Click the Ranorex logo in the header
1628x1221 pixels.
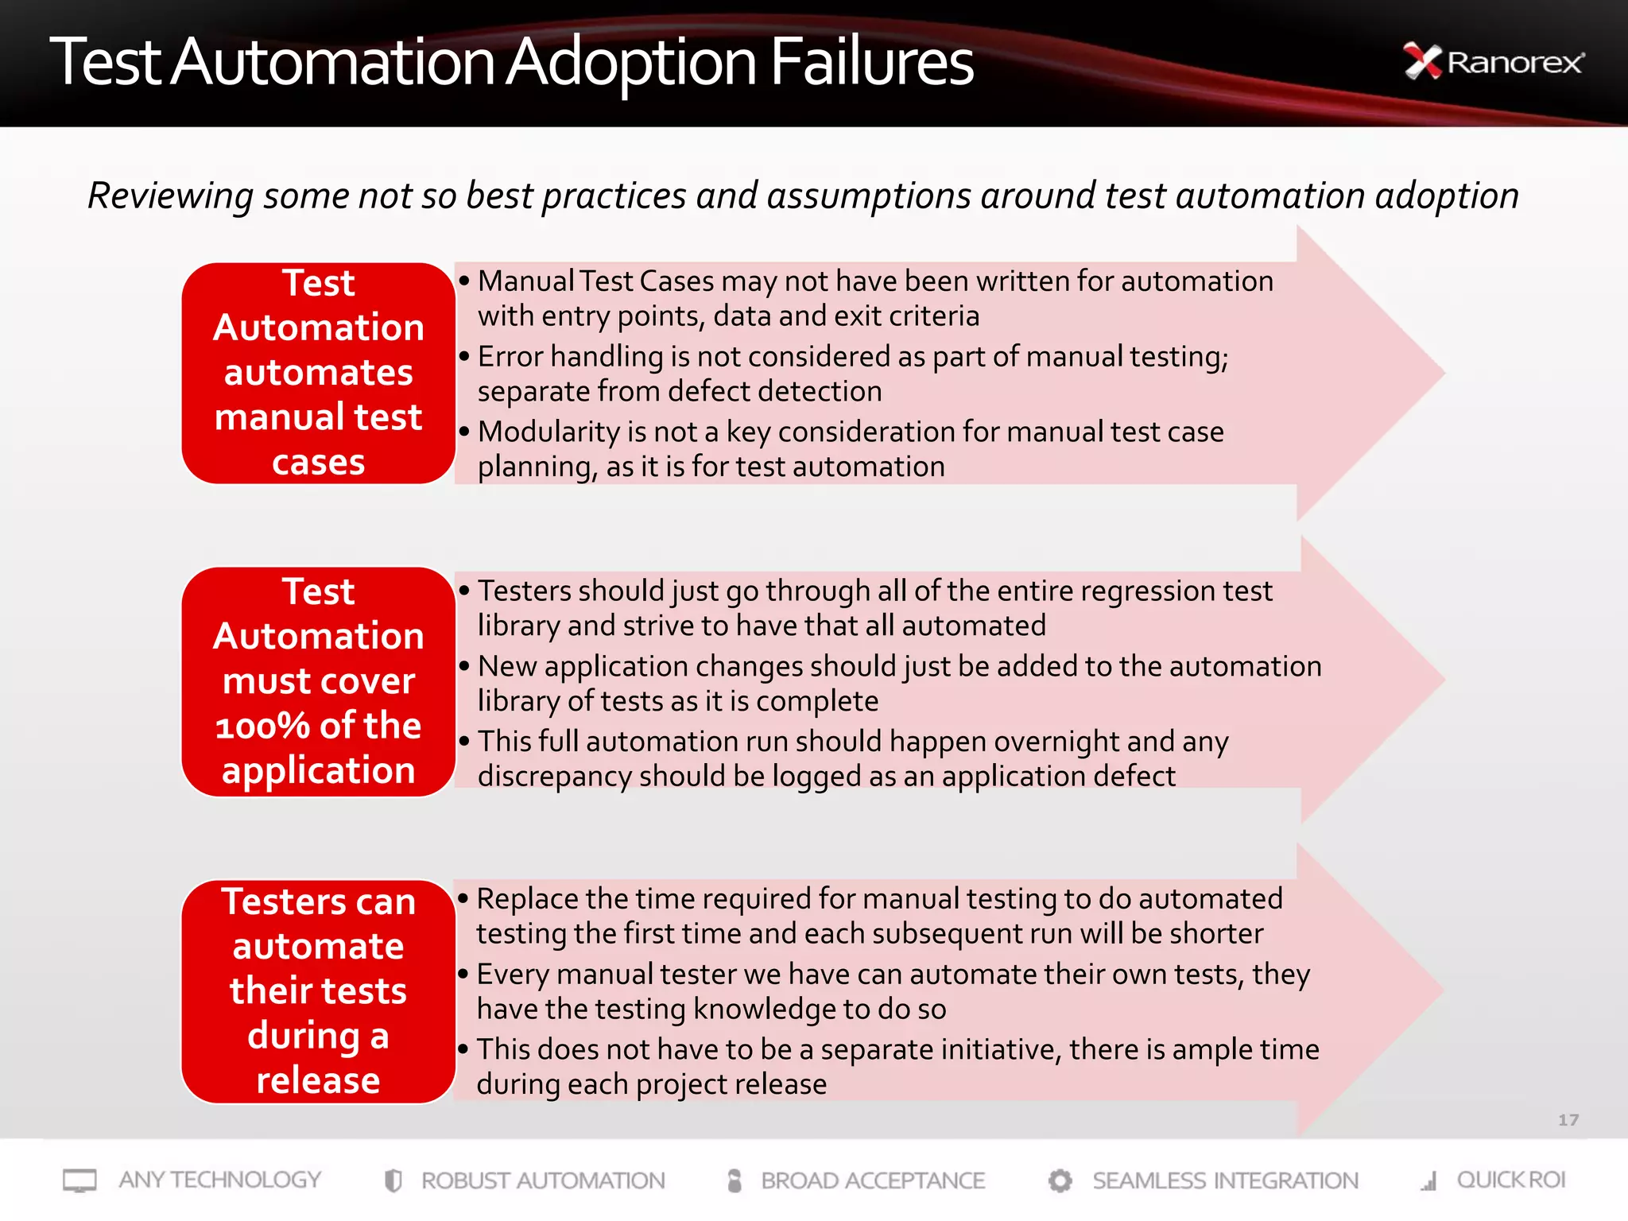point(1494,62)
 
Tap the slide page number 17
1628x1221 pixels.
point(1568,1120)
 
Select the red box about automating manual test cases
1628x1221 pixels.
point(318,373)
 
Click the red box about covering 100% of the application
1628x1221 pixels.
point(318,681)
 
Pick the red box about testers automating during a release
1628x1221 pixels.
point(318,990)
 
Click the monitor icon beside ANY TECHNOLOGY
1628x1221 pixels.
point(79,1180)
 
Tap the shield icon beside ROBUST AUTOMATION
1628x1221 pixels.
point(393,1180)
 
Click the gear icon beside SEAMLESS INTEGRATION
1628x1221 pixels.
point(1060,1180)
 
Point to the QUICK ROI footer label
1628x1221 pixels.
point(1510,1180)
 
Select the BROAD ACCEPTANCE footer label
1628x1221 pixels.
point(872,1180)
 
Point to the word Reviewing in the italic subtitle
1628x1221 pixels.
point(170,196)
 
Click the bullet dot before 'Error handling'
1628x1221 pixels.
point(464,356)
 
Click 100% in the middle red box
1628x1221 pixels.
point(262,726)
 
